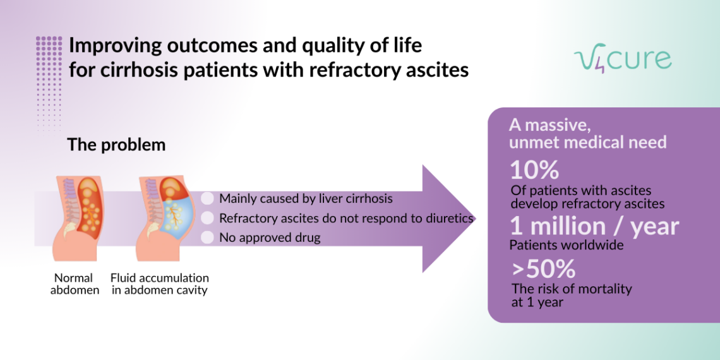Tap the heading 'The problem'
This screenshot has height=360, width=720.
pos(116,145)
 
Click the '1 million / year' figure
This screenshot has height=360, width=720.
pos(594,226)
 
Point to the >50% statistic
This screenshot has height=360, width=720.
pos(543,270)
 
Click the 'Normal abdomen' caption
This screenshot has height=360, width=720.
pos(74,284)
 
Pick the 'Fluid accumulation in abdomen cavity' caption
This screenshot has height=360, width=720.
pos(160,284)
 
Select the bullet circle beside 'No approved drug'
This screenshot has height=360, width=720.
pos(207,238)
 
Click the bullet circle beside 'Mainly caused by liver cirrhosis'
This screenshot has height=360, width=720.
pos(207,199)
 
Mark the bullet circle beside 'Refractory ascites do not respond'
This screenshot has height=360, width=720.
pos(207,219)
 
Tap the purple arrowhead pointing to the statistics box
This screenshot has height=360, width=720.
pos(449,219)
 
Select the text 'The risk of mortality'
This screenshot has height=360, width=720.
pos(572,289)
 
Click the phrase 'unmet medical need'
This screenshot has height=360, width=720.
pos(588,142)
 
